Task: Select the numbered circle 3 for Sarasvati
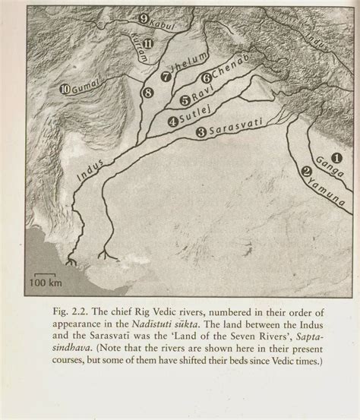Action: [201, 132]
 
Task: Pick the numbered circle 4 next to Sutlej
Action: [173, 120]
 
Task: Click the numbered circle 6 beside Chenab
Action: [205, 77]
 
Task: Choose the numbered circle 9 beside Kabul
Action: [144, 18]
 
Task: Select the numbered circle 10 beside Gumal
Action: [65, 89]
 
